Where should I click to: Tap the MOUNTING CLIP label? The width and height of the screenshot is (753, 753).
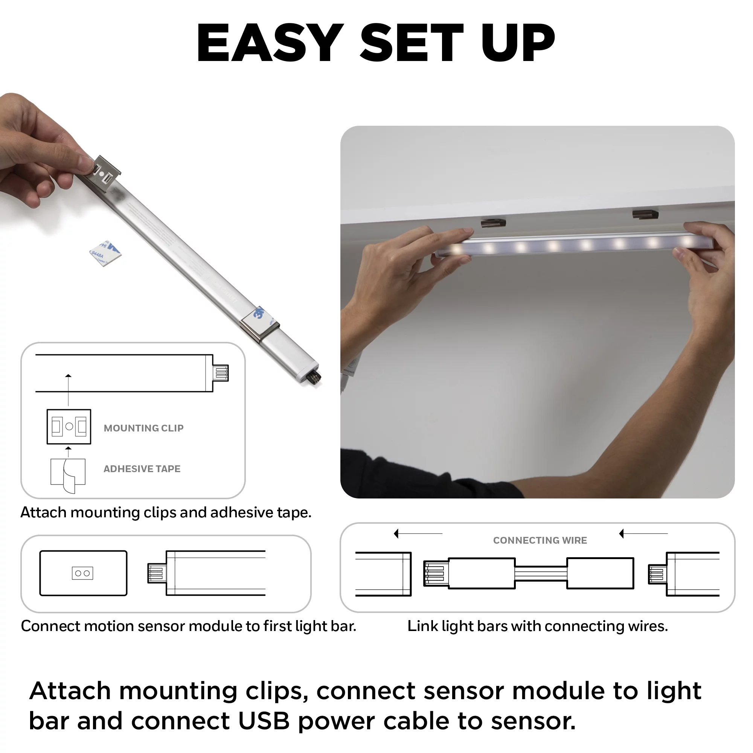143,428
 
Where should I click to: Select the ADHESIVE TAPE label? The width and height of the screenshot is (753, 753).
142,468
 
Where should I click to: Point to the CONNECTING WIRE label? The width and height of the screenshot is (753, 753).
540,540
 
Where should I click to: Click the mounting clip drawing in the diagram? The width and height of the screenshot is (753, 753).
69,427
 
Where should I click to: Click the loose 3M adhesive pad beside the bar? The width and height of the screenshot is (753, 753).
106,253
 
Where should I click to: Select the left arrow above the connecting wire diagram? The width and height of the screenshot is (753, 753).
418,533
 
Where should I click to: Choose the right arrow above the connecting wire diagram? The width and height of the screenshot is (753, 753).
643,533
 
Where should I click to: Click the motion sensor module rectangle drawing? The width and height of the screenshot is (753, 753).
84,573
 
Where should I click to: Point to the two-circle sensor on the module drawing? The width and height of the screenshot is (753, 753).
82,573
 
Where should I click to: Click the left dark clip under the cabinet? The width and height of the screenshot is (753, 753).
493,223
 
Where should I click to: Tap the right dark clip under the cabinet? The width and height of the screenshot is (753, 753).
645,214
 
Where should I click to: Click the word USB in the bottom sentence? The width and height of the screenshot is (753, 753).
264,721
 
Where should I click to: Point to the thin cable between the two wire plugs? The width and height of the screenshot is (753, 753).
541,573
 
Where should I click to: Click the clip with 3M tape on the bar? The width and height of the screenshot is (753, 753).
259,323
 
